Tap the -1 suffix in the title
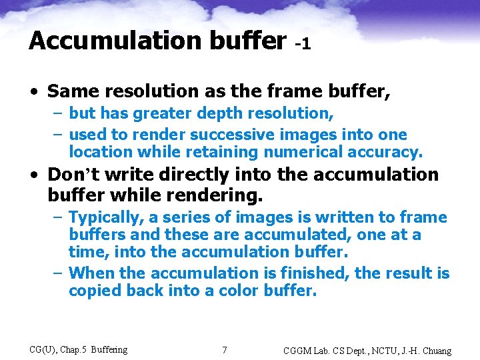[302, 44]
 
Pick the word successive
[230, 134]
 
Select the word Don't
[71, 175]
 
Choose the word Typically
[106, 217]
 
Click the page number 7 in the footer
[224, 350]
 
